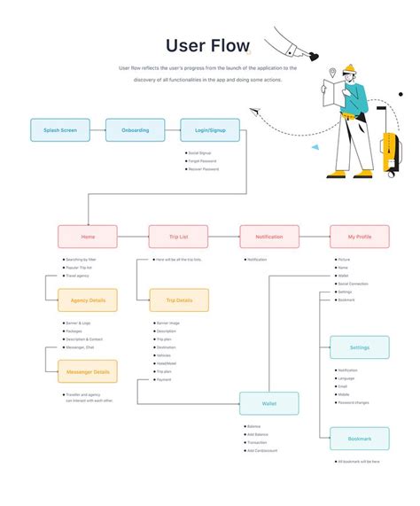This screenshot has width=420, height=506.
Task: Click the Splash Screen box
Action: pos(60,130)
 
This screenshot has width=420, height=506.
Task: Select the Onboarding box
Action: pos(135,130)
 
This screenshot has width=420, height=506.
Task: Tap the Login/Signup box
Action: pos(210,130)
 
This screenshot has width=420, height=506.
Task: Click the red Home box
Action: pos(88,237)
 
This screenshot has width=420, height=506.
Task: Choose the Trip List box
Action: pos(178,237)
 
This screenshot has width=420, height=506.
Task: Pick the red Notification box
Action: pos(268,237)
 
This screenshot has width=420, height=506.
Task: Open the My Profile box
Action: pos(359,237)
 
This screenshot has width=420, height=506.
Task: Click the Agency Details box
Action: pos(88,300)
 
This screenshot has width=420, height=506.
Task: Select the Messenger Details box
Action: pos(88,371)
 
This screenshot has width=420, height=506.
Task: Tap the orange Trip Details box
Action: pos(179,300)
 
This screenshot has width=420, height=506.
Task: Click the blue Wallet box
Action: pos(268,403)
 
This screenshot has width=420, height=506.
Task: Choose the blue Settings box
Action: pos(359,347)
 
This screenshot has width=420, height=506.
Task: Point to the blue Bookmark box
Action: pos(359,439)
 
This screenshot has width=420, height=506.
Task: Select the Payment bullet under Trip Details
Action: pos(165,379)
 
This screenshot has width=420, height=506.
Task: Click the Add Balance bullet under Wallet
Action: pos(259,434)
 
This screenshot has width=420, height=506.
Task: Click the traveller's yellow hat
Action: pos(349,68)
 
